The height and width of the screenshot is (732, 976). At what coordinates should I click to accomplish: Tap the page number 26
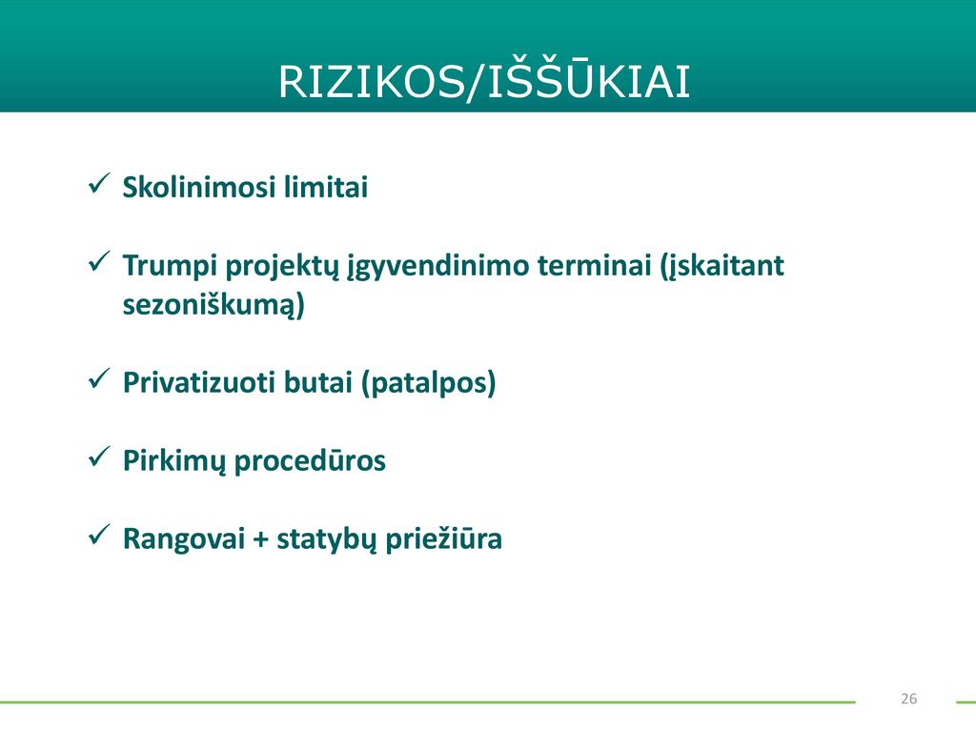pos(908,699)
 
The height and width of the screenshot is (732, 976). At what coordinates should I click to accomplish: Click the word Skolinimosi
pos(198,187)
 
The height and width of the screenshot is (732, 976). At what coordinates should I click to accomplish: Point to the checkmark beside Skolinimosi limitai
pos(99,184)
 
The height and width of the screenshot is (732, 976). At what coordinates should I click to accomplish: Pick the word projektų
pos(282,267)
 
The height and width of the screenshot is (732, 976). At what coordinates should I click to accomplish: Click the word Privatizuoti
pos(198,382)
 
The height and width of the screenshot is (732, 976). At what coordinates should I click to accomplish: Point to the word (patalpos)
pos(429,383)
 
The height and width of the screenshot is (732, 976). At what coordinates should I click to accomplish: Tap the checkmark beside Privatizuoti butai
pos(99,378)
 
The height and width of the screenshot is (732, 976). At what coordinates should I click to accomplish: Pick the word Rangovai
pos(184,539)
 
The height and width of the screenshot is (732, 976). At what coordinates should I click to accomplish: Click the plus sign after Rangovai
pos(261,539)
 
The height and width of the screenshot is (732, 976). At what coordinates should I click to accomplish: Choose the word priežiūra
pos(444,539)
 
